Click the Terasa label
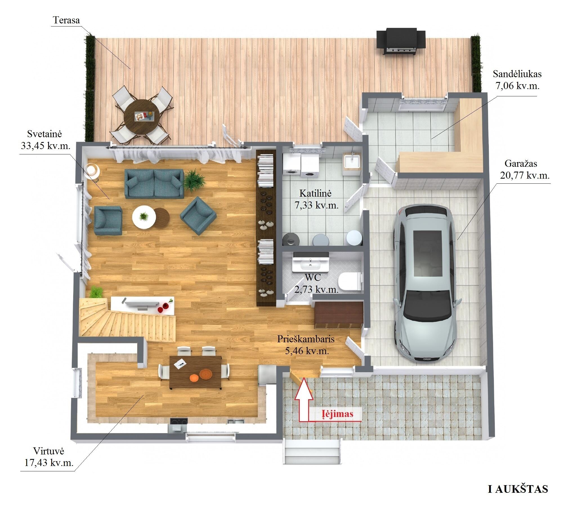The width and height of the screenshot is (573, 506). (x=66, y=20)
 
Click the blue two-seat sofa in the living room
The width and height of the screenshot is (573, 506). (x=154, y=183)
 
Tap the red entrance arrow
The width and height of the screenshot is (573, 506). (x=304, y=400)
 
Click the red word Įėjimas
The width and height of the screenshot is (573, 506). (x=337, y=414)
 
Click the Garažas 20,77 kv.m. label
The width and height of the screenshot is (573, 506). (x=525, y=169)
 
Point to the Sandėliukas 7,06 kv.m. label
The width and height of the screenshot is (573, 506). (x=517, y=80)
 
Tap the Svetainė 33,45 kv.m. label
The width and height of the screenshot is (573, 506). (x=45, y=140)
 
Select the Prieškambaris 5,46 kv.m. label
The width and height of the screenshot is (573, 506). (x=306, y=345)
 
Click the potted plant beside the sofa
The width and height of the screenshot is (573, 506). (x=194, y=180)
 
